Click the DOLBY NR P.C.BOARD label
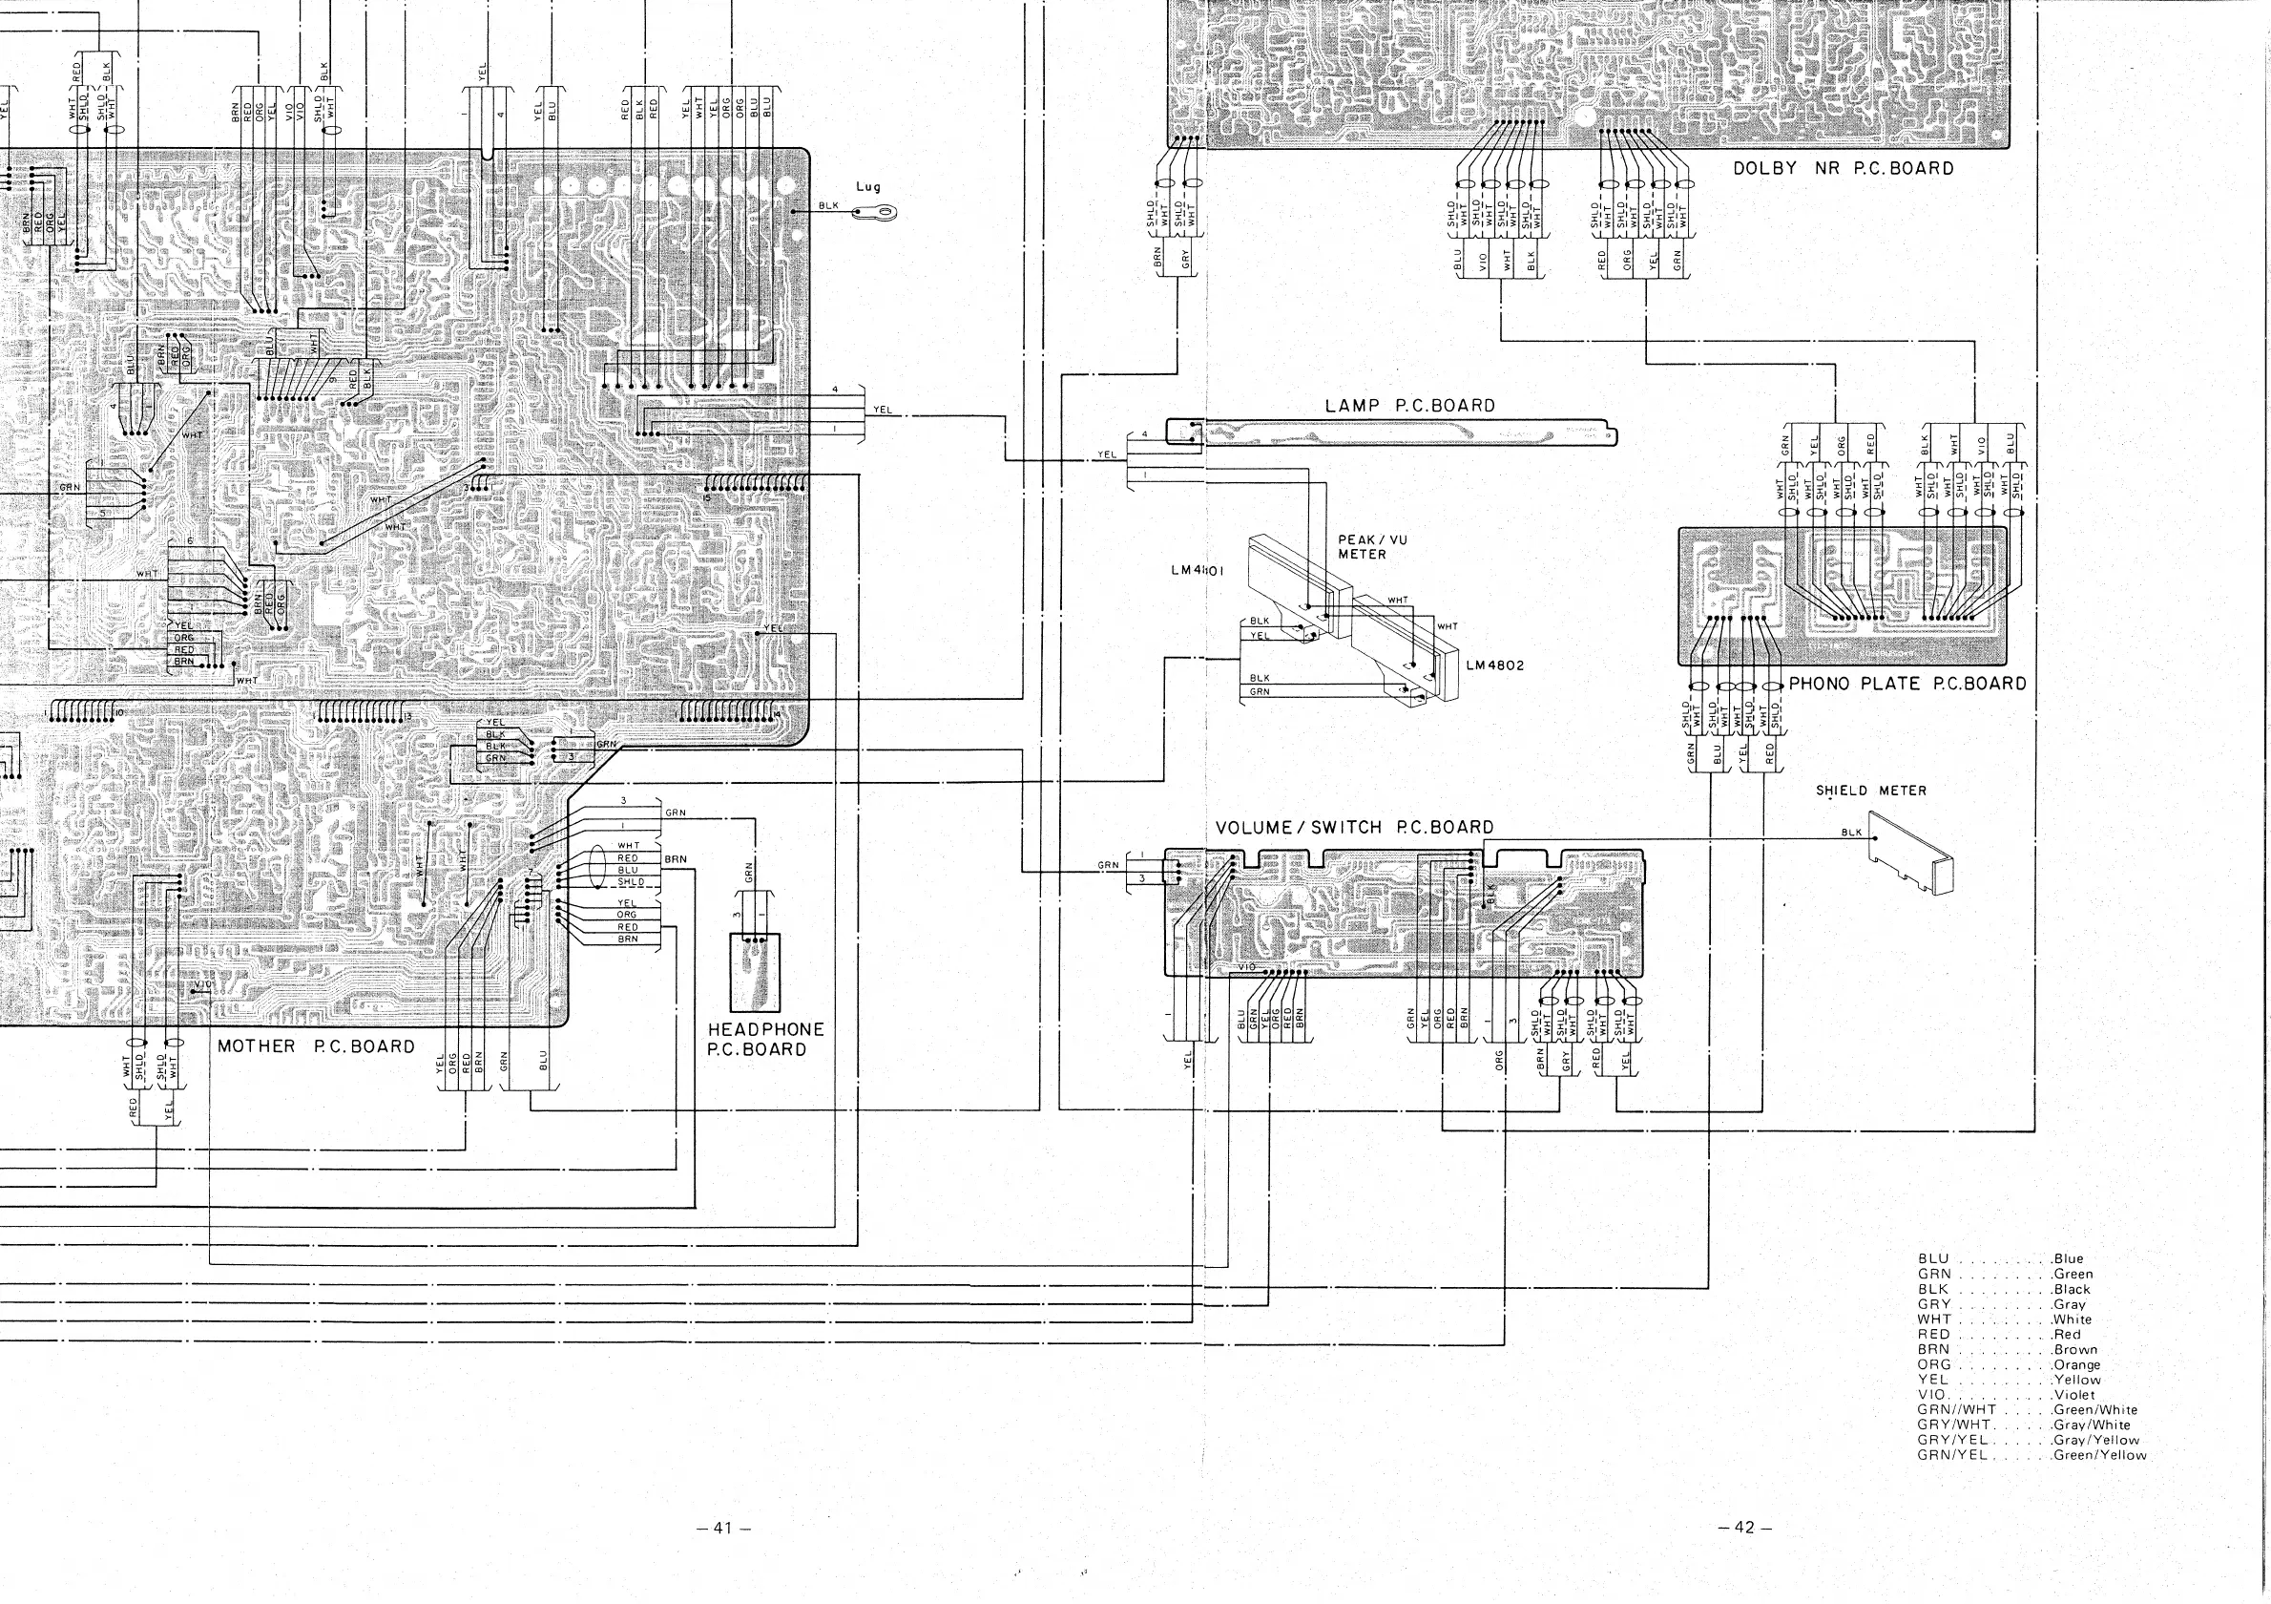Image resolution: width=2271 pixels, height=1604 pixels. tap(1843, 168)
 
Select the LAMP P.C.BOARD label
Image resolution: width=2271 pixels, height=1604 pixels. tap(1409, 406)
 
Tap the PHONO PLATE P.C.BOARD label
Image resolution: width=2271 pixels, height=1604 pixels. tap(1907, 684)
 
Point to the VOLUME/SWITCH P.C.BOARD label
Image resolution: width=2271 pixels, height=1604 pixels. tap(1354, 827)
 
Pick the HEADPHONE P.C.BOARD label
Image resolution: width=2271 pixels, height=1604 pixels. tap(764, 1039)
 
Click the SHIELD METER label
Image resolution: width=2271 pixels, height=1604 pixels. tap(1870, 791)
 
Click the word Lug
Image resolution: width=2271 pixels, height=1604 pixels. tap(867, 187)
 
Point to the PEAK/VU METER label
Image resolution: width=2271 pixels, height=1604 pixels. tap(1371, 547)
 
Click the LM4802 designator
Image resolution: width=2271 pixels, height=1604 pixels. tap(1494, 665)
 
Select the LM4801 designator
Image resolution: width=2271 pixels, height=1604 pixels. tap(1197, 571)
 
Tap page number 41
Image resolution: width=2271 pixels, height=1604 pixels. tap(725, 1528)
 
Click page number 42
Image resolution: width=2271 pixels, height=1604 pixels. tap(1744, 1528)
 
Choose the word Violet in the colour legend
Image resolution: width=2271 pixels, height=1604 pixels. tap(2074, 1394)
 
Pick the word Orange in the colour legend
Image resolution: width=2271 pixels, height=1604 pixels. tap(2076, 1364)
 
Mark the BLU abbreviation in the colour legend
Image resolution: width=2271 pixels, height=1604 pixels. tap(1932, 1258)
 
